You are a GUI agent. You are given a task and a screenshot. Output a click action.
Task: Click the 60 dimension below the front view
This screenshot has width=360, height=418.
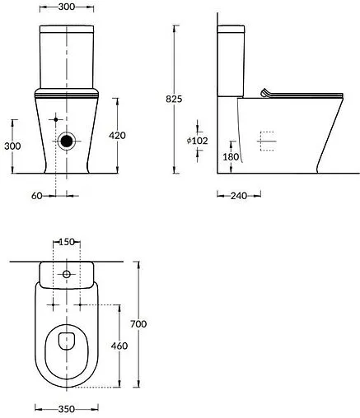36,196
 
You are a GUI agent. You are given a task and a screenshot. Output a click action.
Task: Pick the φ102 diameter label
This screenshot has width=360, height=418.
197,141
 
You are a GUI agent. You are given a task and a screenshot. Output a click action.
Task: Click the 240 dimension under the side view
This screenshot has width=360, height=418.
239,196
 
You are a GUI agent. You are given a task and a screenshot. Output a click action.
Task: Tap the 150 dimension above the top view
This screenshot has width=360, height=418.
68,243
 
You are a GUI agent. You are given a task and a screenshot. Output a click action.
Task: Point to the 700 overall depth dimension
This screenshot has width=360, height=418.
139,325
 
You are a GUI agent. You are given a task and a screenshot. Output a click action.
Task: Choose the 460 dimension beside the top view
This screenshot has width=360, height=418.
119,346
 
